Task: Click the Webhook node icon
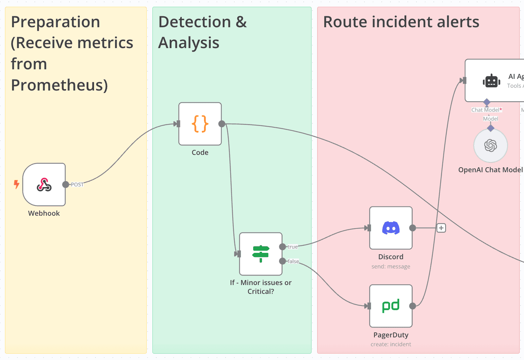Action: click(44, 185)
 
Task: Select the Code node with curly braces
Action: click(200, 124)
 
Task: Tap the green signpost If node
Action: click(261, 254)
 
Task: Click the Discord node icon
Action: click(391, 228)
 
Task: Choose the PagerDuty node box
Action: click(391, 306)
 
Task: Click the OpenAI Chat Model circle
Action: click(490, 145)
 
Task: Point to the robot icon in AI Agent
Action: click(491, 81)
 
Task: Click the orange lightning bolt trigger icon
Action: click(16, 184)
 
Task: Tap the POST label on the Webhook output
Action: click(77, 185)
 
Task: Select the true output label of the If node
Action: click(292, 247)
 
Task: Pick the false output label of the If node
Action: click(293, 261)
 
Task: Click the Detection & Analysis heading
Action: click(202, 32)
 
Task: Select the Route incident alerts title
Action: click(401, 22)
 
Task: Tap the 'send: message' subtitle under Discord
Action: click(391, 267)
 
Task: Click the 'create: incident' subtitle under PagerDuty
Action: click(391, 344)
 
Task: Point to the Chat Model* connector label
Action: click(487, 110)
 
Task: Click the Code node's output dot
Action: click(222, 124)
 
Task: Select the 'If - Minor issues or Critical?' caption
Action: click(261, 287)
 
